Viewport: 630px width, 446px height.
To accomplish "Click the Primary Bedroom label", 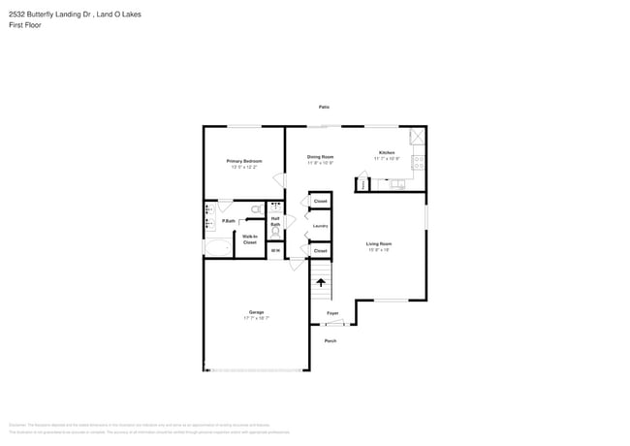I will (x=244, y=161).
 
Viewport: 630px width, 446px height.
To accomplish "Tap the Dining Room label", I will (x=321, y=157).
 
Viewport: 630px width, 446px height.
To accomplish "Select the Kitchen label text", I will (x=387, y=153).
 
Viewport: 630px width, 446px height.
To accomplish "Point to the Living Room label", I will (x=378, y=243).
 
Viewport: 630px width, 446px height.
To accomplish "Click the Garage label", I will (x=256, y=312).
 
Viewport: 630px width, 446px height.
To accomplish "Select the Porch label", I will (x=331, y=340).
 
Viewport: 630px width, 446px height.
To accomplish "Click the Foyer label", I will (x=332, y=314).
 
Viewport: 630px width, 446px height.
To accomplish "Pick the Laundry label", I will (x=320, y=226).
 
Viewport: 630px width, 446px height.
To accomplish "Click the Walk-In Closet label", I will (x=249, y=239).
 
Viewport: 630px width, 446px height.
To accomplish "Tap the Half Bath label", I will (x=275, y=221).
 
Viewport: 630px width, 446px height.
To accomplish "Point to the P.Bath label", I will (x=229, y=221).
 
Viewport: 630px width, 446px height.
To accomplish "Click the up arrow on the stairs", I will (x=321, y=283).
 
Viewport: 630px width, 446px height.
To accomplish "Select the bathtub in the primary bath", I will (x=217, y=247).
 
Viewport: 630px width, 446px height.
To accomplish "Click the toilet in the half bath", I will (x=275, y=207).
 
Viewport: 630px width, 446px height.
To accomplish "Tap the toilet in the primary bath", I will (x=256, y=208).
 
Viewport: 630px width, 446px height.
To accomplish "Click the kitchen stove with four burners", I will (x=418, y=163).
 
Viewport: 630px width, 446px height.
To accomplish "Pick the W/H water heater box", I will (x=275, y=251).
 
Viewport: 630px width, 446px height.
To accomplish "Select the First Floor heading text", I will (x=25, y=24).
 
